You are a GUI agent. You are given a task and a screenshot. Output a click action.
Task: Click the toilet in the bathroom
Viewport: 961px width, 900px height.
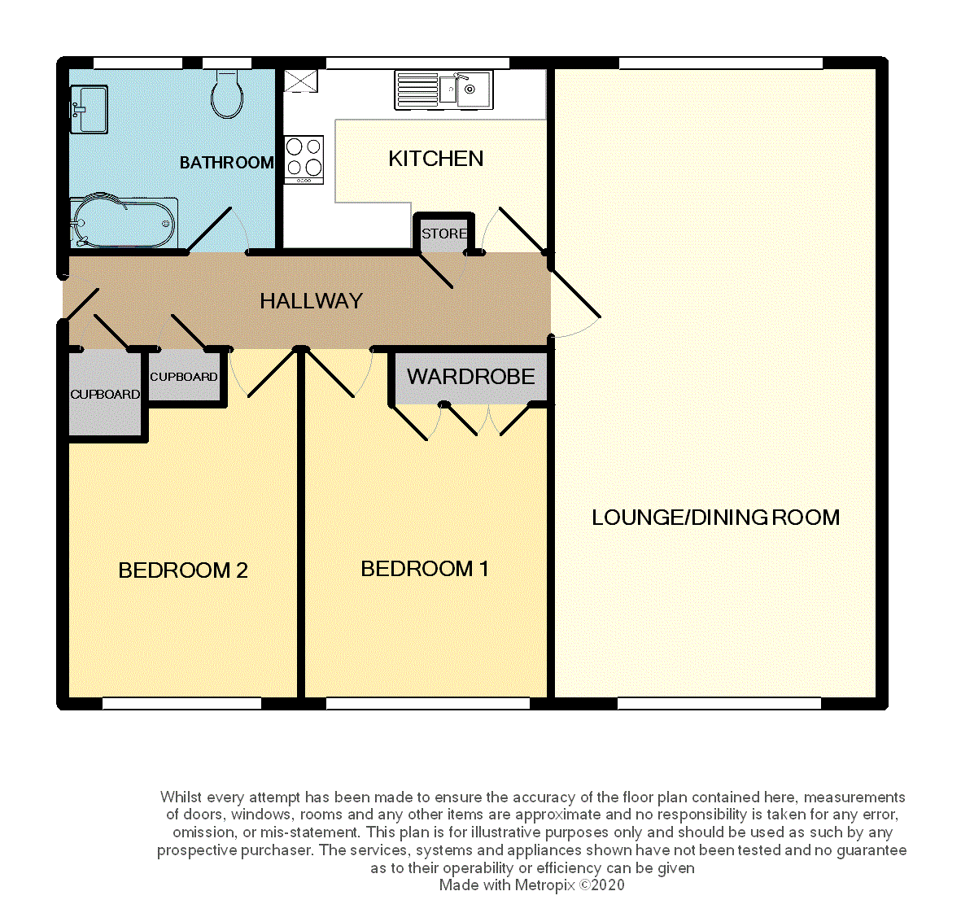[x=227, y=94]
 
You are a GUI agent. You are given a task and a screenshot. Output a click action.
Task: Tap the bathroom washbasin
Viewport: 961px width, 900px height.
[x=89, y=109]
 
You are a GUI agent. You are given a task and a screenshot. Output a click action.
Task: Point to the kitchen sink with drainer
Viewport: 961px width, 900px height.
[x=443, y=90]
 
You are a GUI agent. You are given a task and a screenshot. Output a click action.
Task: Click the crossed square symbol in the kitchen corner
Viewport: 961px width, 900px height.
[x=301, y=81]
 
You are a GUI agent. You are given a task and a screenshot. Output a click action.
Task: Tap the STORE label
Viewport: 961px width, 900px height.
[x=444, y=234]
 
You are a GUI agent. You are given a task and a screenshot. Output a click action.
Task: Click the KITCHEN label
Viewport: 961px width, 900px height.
[x=436, y=159]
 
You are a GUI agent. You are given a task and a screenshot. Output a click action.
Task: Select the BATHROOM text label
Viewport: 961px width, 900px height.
[x=227, y=163]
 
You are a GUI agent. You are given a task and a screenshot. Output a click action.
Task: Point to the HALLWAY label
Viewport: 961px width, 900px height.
[x=312, y=301]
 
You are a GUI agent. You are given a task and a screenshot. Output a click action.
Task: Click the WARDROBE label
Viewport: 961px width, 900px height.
[x=470, y=377]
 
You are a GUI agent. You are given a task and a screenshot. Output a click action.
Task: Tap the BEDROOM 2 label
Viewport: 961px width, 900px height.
[x=182, y=570]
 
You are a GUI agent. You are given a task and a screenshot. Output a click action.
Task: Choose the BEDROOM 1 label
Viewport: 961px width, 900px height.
[x=425, y=569]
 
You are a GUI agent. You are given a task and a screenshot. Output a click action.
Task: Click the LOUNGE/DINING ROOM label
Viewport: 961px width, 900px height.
[x=716, y=518]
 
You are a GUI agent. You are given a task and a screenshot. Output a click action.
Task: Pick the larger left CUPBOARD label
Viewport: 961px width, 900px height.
[x=105, y=394]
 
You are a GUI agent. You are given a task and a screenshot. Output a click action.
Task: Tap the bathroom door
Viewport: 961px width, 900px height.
[x=210, y=229]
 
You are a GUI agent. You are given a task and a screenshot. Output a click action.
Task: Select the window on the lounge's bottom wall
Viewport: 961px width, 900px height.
[x=719, y=703]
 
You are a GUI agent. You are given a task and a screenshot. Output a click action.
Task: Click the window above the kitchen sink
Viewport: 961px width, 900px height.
[x=417, y=63]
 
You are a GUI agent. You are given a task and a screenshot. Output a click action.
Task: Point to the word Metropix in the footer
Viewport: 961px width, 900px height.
[x=545, y=885]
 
